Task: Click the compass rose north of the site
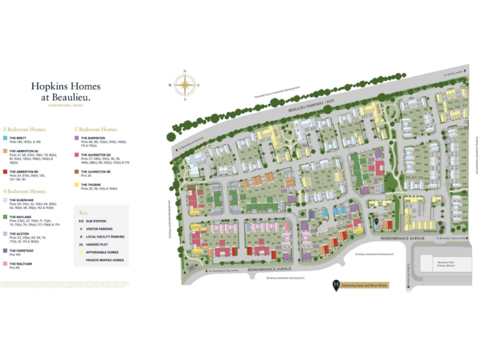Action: [185, 85]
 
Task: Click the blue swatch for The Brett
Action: [5, 137]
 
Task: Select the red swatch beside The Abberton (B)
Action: [5, 171]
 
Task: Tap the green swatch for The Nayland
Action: [5, 217]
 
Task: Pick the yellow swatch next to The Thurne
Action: [76, 185]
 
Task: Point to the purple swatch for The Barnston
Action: [76, 137]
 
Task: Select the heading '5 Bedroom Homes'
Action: [96, 129]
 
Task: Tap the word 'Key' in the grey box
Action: [84, 212]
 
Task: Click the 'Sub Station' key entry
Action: [94, 221]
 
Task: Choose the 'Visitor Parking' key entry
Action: [97, 229]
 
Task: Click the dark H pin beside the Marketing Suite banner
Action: [336, 284]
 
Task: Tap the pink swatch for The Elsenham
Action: [5, 200]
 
